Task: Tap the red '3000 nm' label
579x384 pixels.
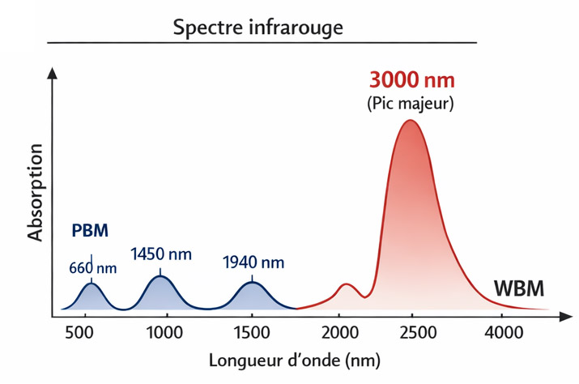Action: coord(411,81)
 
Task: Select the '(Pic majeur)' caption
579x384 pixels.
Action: coord(411,104)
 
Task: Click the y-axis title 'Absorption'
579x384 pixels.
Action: coord(35,192)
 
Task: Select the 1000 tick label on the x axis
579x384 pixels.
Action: coord(164,331)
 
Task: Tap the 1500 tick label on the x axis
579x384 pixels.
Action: coord(251,331)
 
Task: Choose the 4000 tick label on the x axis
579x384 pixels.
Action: coord(504,331)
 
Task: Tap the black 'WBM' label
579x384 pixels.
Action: coord(519,288)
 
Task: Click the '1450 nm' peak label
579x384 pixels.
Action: coord(161,254)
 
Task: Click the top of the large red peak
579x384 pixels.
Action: coord(410,121)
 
